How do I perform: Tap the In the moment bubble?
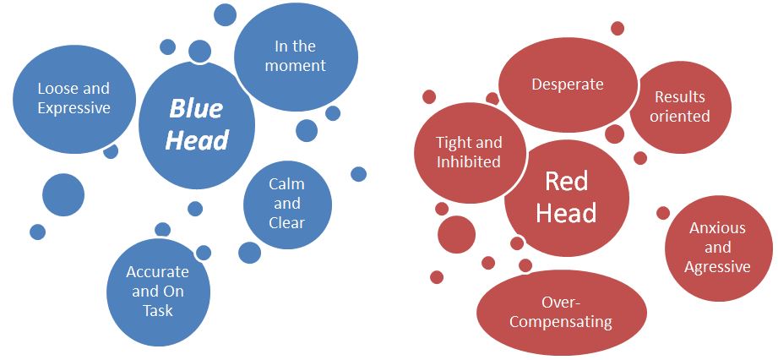[296, 57]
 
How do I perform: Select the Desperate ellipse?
[567, 85]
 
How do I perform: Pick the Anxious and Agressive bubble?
[717, 248]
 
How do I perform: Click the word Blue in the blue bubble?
[196, 109]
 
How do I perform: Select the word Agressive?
[718, 267]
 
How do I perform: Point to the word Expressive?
[74, 107]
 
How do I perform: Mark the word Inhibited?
[469, 162]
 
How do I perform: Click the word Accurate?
[157, 272]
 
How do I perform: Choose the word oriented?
[679, 117]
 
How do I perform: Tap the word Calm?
[287, 184]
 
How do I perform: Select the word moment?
[296, 66]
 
